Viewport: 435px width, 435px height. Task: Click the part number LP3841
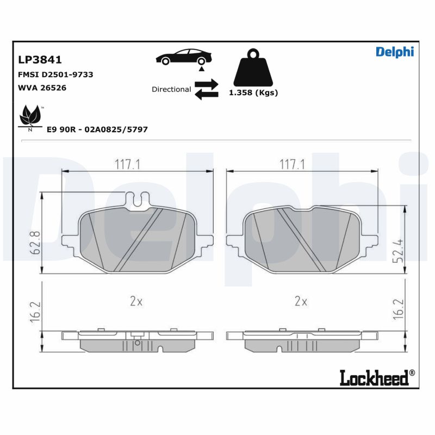click(40, 60)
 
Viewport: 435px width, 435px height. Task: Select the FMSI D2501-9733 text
click(55, 74)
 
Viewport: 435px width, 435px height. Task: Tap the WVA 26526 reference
click(42, 88)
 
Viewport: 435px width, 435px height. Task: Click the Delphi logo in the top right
click(395, 52)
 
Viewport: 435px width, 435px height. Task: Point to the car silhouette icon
click(182, 57)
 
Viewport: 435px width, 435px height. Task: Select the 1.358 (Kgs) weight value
click(253, 93)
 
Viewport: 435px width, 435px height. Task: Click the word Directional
click(171, 89)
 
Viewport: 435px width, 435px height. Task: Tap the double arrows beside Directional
click(206, 89)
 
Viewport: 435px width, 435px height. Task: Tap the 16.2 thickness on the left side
click(34, 311)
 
